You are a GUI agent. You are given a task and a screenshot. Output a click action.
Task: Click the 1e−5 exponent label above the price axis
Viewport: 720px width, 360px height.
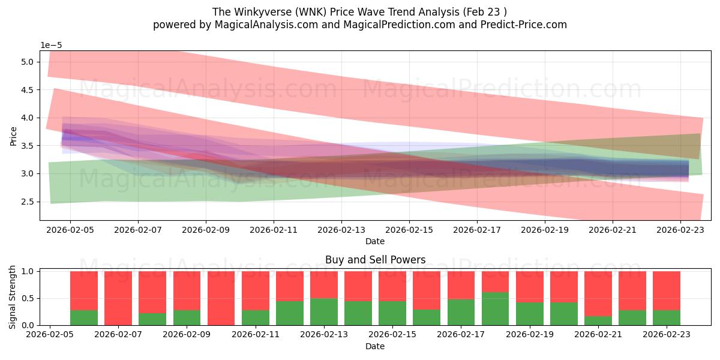[51, 46]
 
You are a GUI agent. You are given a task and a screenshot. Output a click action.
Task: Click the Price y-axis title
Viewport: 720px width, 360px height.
[13, 136]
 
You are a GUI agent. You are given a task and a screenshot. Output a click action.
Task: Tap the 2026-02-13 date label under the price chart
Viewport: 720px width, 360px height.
[341, 229]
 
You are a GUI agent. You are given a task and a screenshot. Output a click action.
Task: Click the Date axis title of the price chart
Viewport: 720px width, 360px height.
[375, 241]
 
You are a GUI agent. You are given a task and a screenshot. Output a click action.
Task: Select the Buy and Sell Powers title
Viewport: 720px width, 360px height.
[375, 260]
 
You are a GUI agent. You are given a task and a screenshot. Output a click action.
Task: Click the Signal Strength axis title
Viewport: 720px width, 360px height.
[13, 298]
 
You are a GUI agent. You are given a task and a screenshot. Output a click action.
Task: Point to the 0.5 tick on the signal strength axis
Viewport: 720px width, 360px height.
[28, 298]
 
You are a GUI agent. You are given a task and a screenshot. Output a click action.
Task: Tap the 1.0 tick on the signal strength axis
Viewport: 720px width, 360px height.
[28, 271]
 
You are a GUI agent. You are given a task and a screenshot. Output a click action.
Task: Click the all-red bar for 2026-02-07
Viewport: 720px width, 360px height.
[118, 298]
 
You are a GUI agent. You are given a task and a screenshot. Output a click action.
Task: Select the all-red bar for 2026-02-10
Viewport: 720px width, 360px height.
[221, 298]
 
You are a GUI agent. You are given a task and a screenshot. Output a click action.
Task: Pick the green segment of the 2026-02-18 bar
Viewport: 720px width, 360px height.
[495, 309]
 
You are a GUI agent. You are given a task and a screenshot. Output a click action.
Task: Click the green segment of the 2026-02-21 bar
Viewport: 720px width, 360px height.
[598, 320]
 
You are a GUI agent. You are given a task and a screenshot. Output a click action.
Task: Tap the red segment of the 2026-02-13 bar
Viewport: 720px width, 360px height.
[324, 284]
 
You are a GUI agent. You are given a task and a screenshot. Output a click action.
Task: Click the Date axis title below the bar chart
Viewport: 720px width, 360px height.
[375, 346]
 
